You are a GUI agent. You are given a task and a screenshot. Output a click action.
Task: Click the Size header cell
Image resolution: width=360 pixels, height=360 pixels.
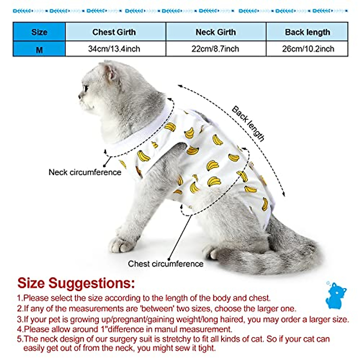(39, 32)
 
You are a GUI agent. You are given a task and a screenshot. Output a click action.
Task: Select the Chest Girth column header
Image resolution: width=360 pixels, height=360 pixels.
(114, 32)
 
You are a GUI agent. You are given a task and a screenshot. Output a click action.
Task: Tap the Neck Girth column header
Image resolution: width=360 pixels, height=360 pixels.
(216, 32)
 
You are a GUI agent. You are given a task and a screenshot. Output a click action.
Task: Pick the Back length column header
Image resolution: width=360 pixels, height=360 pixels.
(307, 32)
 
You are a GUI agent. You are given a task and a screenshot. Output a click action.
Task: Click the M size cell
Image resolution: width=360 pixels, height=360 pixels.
(39, 49)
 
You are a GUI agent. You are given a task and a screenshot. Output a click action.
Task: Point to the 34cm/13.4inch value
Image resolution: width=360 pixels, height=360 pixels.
(114, 49)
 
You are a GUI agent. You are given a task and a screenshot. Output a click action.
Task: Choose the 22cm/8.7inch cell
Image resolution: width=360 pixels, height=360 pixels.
(215, 49)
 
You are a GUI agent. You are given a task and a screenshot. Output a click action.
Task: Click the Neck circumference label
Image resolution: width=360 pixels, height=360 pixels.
(85, 172)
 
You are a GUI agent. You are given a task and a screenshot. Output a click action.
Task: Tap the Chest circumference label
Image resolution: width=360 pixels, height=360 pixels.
(165, 264)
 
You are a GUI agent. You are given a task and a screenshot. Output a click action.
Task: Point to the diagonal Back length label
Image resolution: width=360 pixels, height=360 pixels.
(248, 124)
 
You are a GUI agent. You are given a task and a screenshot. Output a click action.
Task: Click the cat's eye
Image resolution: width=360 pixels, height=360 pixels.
(86, 88)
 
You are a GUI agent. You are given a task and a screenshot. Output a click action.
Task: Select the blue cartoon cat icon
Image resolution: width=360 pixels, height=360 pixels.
(336, 295)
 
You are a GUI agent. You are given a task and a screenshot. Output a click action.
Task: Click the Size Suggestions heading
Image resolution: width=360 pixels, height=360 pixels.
(76, 283)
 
